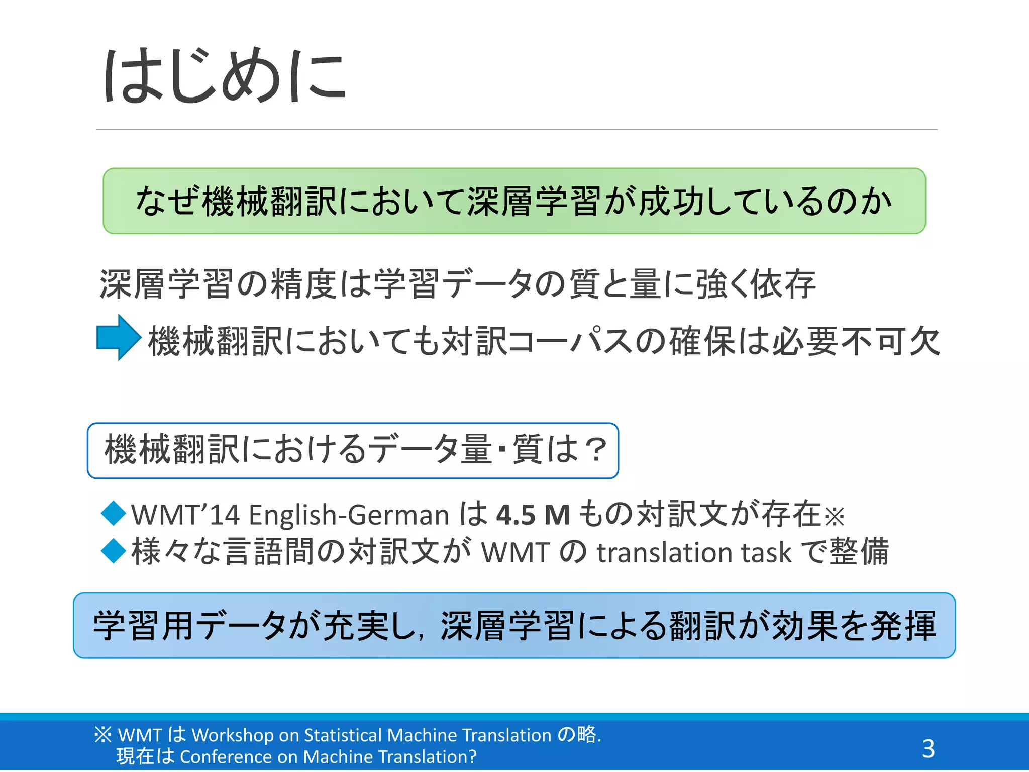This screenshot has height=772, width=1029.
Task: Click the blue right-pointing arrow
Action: (119, 337)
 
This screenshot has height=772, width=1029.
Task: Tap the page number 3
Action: (928, 748)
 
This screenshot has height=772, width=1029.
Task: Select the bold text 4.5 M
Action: (533, 515)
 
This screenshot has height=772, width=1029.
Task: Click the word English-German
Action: (349, 515)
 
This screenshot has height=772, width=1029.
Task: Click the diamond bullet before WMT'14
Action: (114, 513)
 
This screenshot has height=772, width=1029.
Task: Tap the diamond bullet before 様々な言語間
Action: (114, 550)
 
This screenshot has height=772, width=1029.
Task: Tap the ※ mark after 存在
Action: (835, 517)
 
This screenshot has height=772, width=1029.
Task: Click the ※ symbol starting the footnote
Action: (103, 735)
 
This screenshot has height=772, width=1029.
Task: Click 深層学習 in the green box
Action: (534, 201)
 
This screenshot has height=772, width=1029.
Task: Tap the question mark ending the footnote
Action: (472, 757)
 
